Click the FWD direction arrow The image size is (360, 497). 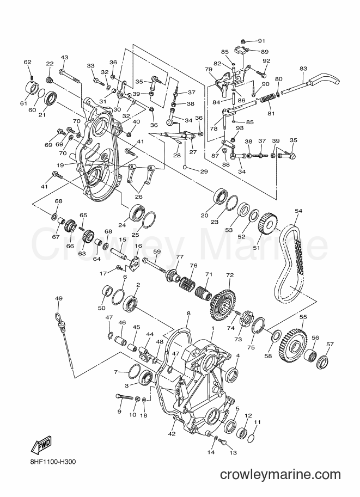click(40, 445)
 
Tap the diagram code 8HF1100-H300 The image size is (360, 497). click(52, 462)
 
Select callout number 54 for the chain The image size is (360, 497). click(298, 211)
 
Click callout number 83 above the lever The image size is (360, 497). click(303, 68)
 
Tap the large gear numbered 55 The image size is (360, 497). click(292, 344)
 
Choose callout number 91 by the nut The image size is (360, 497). click(261, 41)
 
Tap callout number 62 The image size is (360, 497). click(28, 62)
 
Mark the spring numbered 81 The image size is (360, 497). click(269, 100)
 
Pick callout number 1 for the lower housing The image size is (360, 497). click(213, 328)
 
